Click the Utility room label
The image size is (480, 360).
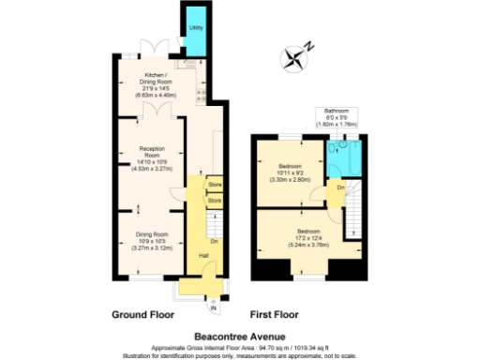[196, 27]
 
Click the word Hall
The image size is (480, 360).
[203, 255]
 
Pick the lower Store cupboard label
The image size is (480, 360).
[214, 201]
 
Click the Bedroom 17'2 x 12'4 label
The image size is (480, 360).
[309, 236]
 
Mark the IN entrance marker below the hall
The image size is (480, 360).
[213, 307]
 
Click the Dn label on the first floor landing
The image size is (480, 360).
[340, 188]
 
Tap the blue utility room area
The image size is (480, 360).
[196, 43]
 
